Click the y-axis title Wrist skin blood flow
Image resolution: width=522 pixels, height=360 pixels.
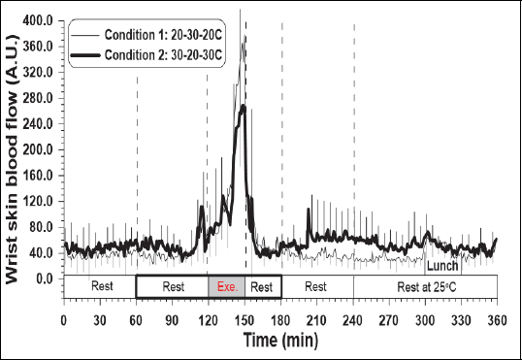click(16, 160)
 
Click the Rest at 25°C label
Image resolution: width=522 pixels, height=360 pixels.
click(425, 287)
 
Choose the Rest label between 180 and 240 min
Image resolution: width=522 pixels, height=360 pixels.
click(316, 287)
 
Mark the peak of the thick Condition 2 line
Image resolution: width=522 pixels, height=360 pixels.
click(243, 105)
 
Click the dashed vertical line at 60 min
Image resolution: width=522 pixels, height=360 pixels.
click(137, 146)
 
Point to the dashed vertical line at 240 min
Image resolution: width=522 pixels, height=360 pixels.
click(353, 146)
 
